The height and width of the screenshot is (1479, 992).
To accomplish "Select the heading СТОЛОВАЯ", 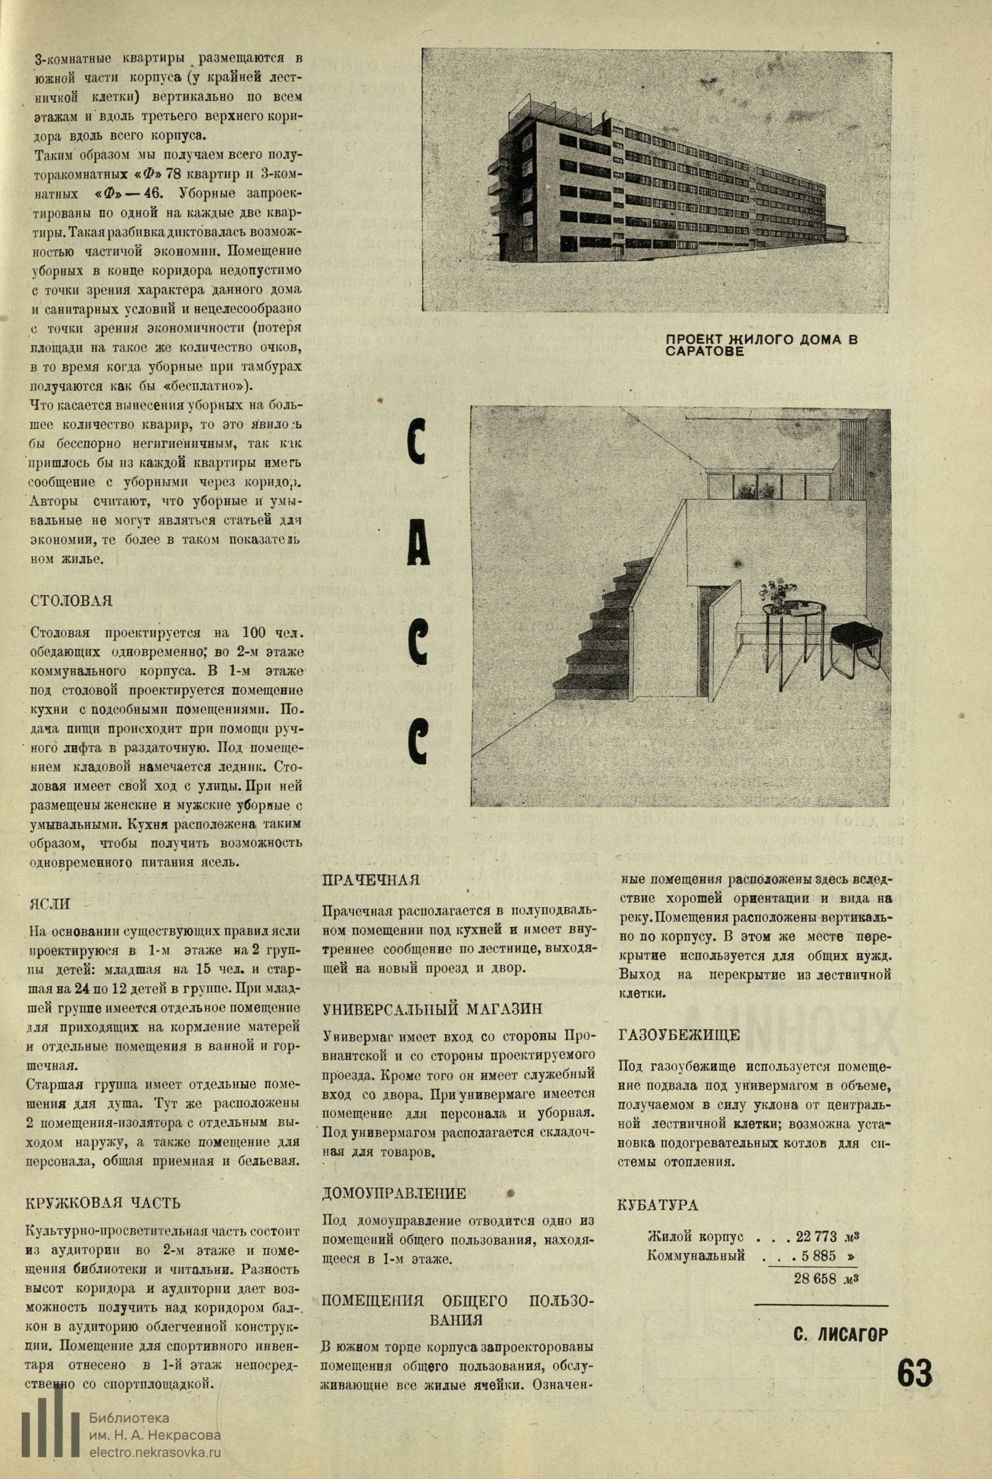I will (x=71, y=600).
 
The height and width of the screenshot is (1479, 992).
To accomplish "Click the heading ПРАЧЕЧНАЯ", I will (x=371, y=880).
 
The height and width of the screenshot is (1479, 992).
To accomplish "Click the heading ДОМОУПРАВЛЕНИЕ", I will (x=394, y=1176).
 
